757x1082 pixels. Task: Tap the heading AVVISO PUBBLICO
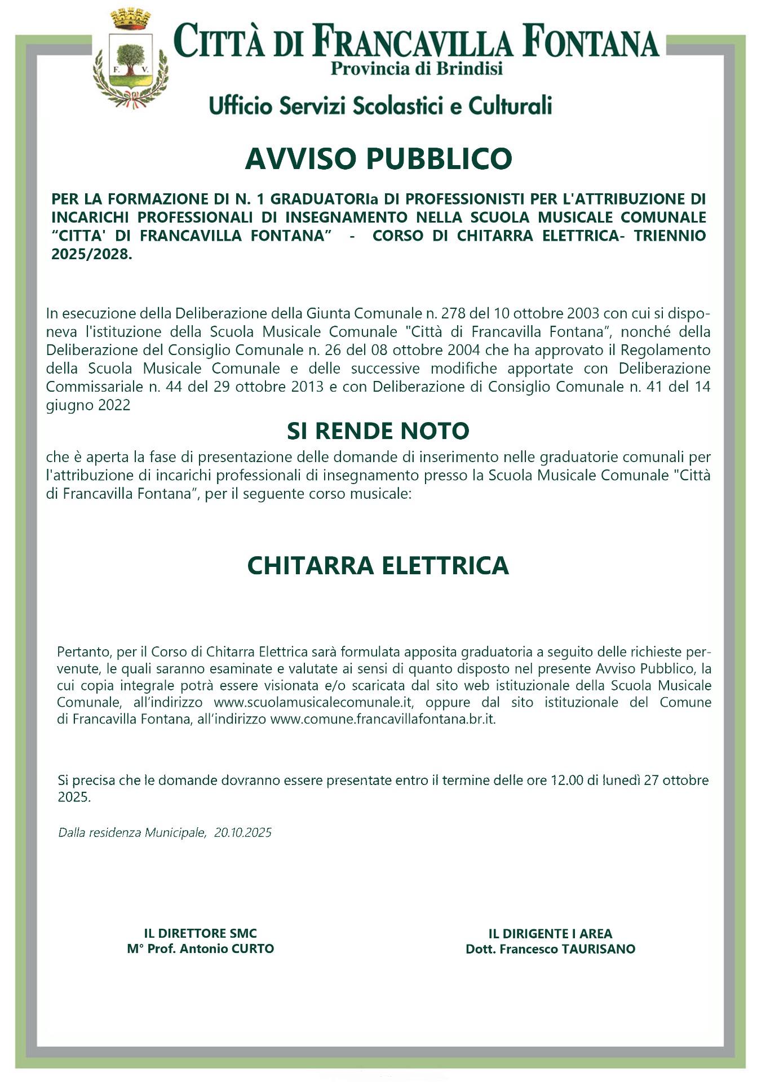378,159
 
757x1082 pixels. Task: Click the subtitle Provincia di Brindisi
417,69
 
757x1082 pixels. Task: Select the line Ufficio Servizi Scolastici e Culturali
380,106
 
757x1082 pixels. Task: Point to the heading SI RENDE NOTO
378,431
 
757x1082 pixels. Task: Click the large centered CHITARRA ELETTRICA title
378,566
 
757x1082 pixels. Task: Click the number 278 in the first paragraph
453,313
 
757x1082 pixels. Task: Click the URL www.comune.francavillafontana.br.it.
383,720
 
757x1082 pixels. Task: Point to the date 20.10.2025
243,833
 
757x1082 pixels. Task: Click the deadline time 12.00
567,781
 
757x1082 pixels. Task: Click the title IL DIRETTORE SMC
201,934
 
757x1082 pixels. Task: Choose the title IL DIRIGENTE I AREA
550,934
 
